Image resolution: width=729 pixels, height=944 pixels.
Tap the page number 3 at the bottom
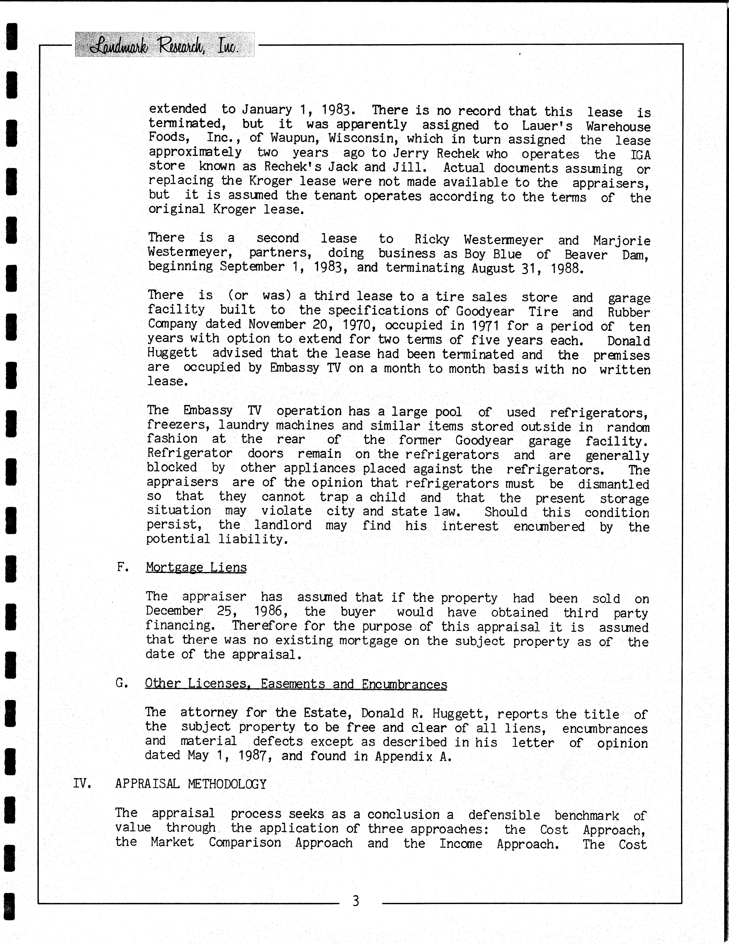pyautogui.click(x=356, y=901)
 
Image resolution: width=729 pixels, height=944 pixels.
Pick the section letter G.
pyautogui.click(x=121, y=683)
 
